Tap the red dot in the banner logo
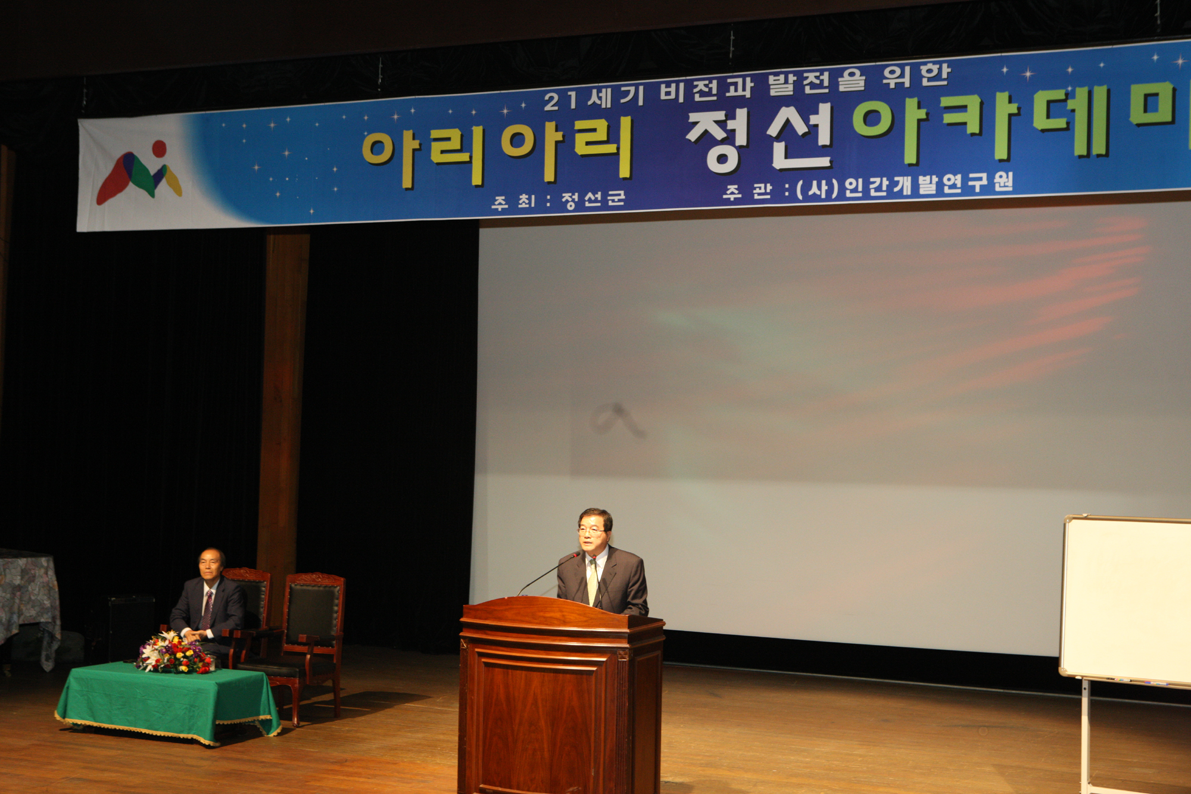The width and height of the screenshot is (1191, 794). (x=159, y=148)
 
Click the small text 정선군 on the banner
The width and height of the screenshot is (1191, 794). (x=593, y=199)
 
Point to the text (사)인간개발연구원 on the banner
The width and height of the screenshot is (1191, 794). (x=905, y=185)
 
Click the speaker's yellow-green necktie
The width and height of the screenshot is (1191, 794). (x=593, y=581)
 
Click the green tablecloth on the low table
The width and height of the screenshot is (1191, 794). (x=168, y=700)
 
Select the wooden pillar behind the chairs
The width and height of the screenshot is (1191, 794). (x=282, y=411)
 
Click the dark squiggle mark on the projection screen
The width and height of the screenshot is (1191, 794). (x=616, y=419)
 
